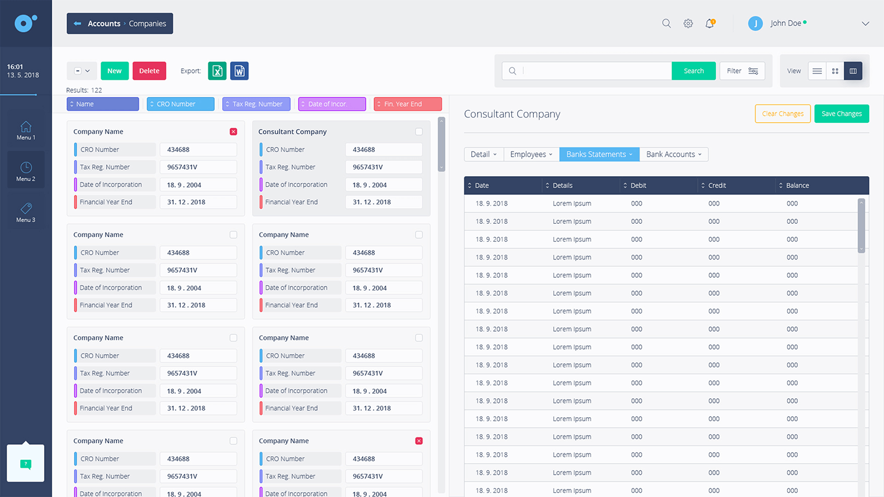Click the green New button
tap(114, 71)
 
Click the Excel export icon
tap(217, 71)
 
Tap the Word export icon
tap(239, 71)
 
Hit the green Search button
tap(693, 71)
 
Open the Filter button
tap(742, 71)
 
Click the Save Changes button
tap(841, 114)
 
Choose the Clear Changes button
tap(782, 114)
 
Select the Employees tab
tap(531, 154)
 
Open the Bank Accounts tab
tap(673, 154)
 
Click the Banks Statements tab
tap(599, 154)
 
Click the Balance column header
tap(797, 185)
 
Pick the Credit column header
tap(717, 185)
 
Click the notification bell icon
tap(710, 24)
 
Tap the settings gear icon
tap(688, 24)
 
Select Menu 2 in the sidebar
tap(26, 171)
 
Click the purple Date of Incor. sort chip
tap(332, 104)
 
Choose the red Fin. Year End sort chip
tap(408, 104)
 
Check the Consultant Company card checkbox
tap(419, 131)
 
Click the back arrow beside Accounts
tap(77, 24)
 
